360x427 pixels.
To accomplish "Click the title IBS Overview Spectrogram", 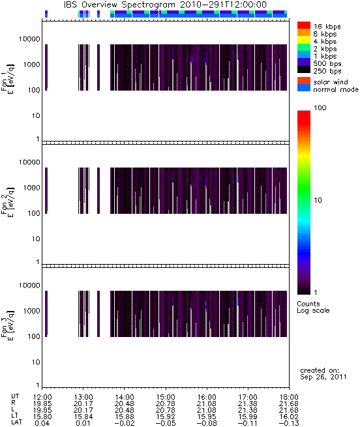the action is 119,5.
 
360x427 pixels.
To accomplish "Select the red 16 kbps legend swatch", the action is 304,25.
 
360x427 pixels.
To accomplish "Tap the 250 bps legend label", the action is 327,71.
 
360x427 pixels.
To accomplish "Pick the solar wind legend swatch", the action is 304,81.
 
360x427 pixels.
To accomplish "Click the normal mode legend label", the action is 336,89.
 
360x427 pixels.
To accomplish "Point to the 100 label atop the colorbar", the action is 320,108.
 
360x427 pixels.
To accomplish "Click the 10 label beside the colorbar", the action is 318,200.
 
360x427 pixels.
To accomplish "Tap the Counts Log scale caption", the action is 313,307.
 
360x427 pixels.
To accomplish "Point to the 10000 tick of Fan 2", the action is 29,162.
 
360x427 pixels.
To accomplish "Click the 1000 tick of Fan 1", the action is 31,65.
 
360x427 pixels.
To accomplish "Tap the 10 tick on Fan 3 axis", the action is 36,362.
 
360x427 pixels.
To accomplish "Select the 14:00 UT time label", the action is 125,397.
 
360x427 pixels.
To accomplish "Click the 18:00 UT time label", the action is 289,397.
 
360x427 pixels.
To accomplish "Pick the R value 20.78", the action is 166,404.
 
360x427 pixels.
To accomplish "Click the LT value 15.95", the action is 207,417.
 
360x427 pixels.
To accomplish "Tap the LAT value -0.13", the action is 289,424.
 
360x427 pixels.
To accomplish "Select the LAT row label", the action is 16,422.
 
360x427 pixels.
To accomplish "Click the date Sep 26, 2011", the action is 323,377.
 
